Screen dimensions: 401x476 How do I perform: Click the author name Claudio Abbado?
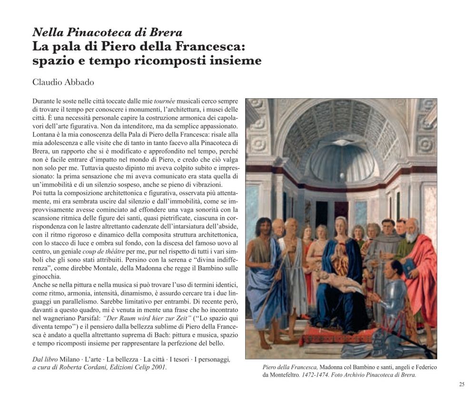63,82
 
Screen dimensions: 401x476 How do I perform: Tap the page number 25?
461,384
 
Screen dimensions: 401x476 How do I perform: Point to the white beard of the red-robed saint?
412,236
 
